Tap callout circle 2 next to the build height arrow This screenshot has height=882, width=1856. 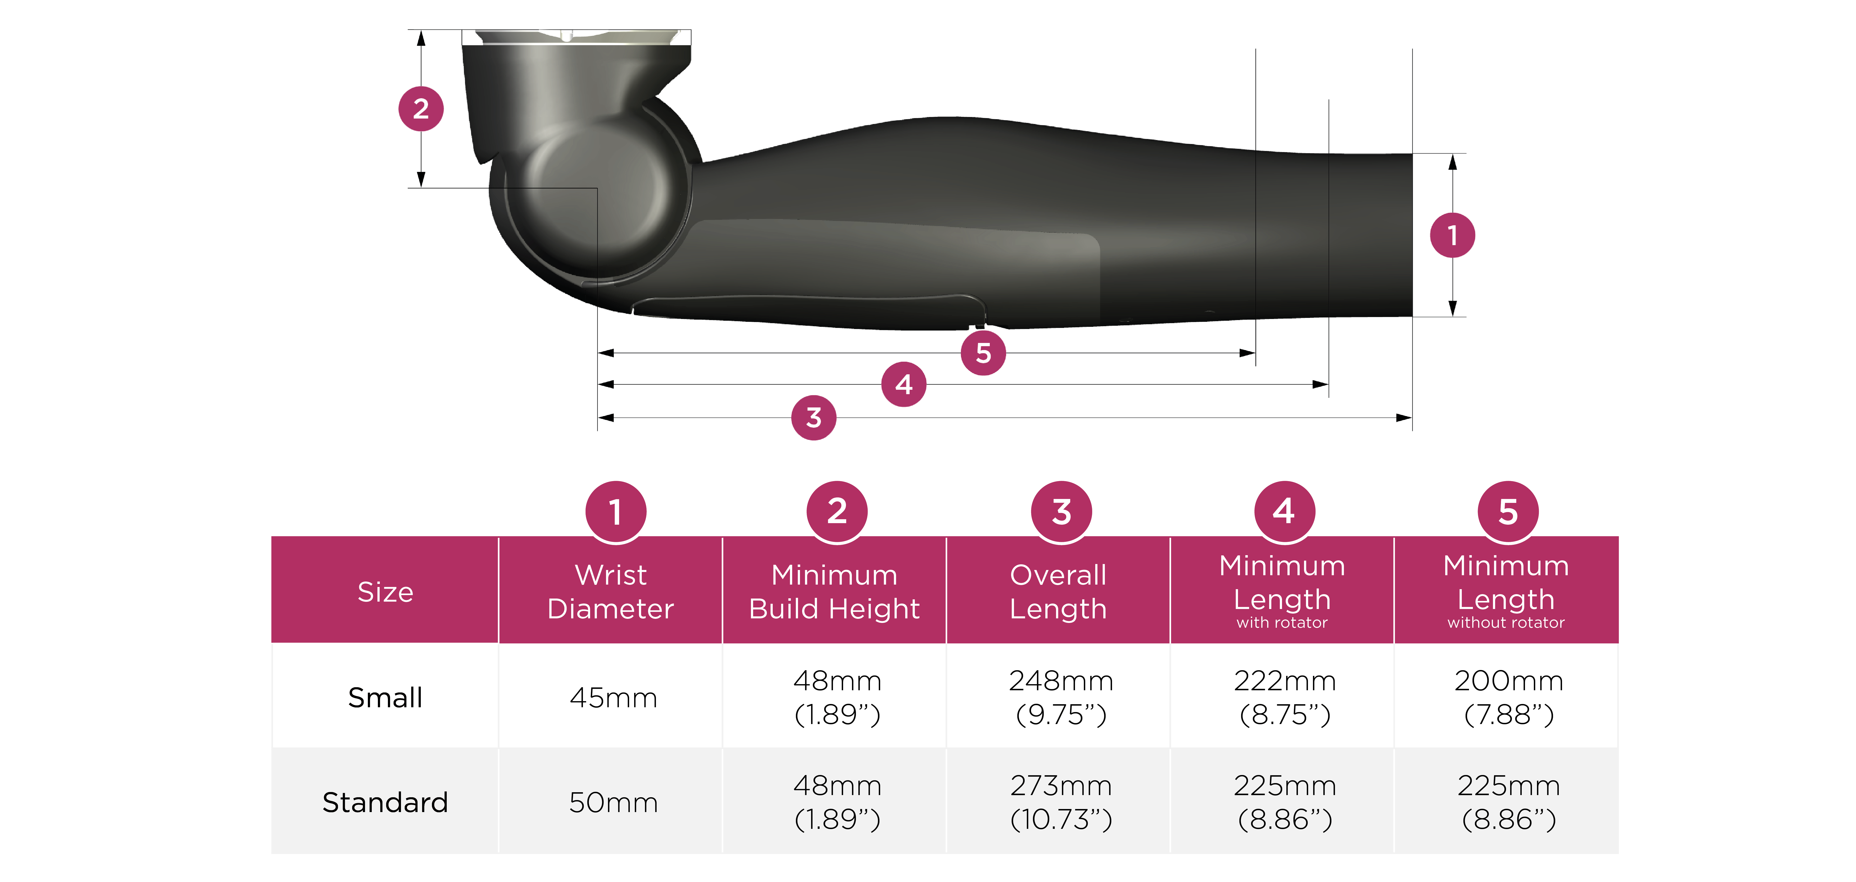pos(421,109)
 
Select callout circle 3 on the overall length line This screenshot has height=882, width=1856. pos(813,417)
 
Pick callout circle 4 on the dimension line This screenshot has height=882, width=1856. pos(903,384)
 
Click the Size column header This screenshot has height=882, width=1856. pos(385,592)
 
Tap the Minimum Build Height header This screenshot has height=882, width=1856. pos(834,592)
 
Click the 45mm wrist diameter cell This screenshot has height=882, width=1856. pos(613,697)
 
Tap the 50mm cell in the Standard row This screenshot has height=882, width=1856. pos(613,802)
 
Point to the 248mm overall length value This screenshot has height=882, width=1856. pos(1061,680)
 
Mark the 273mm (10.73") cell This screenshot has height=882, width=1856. pos(1061,802)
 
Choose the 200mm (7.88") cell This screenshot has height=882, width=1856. pos(1509,697)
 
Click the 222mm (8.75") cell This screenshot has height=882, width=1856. pos(1285,697)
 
